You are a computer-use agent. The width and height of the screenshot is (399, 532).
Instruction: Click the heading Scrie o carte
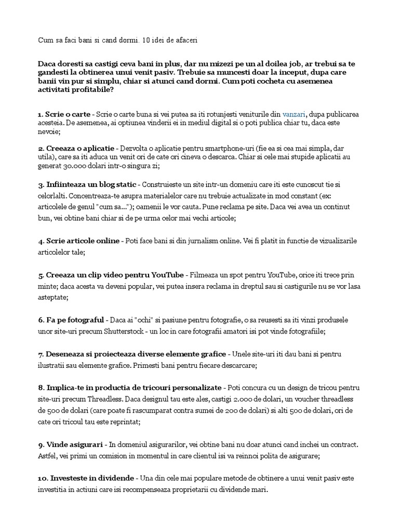(x=68, y=114)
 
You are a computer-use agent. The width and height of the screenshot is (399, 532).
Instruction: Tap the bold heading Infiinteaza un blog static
(x=91, y=184)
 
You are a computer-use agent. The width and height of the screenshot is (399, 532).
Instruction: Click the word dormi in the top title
(x=122, y=39)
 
